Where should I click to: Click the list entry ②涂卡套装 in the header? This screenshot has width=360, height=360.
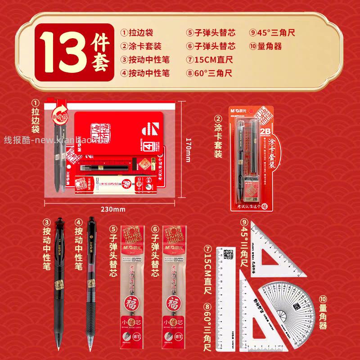point(140,46)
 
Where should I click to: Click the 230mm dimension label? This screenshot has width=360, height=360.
point(112,209)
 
